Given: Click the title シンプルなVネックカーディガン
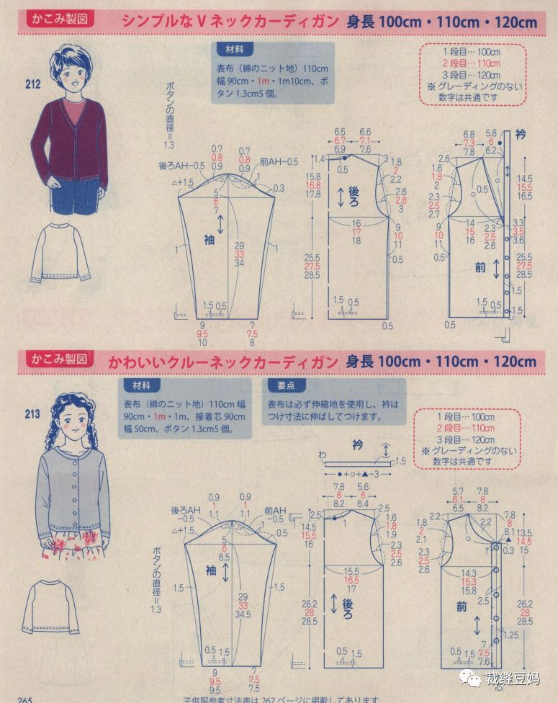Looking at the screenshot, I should (x=230, y=22).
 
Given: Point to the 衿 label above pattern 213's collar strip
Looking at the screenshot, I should (x=358, y=446).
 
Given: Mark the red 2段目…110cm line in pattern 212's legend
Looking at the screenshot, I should (x=472, y=63).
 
